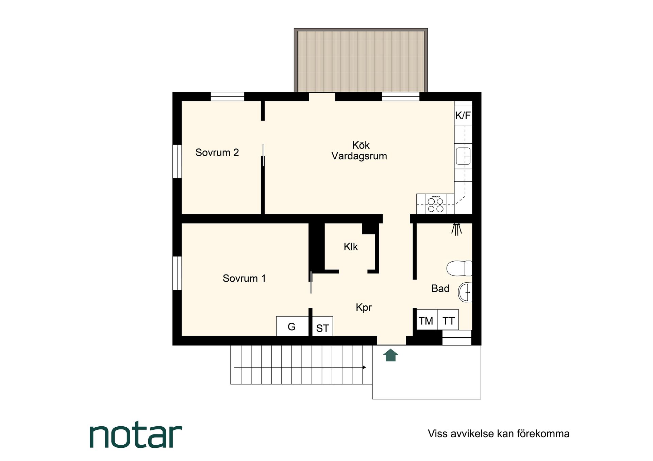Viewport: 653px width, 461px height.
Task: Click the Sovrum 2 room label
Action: point(217,153)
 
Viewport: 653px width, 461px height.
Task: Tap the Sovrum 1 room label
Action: point(244,278)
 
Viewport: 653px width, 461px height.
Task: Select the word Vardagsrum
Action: point(359,156)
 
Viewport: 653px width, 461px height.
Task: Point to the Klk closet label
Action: point(351,247)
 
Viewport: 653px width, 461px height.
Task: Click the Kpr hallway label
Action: point(364,307)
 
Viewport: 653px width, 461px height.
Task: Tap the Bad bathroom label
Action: point(440,288)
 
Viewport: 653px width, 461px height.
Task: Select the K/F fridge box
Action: point(463,115)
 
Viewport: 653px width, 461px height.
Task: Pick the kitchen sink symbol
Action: point(463,156)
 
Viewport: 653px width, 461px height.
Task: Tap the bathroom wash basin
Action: point(465,292)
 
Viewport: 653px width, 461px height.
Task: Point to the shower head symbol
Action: point(456,229)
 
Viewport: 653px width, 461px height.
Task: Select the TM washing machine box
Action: point(426,320)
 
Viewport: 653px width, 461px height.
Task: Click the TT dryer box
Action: point(448,320)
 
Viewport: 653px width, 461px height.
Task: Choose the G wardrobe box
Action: point(292,326)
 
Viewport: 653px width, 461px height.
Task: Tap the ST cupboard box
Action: point(322,328)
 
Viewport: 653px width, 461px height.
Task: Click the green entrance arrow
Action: point(390,355)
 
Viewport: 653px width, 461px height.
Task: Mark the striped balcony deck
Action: point(361,61)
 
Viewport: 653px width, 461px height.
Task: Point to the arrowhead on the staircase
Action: point(364,367)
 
